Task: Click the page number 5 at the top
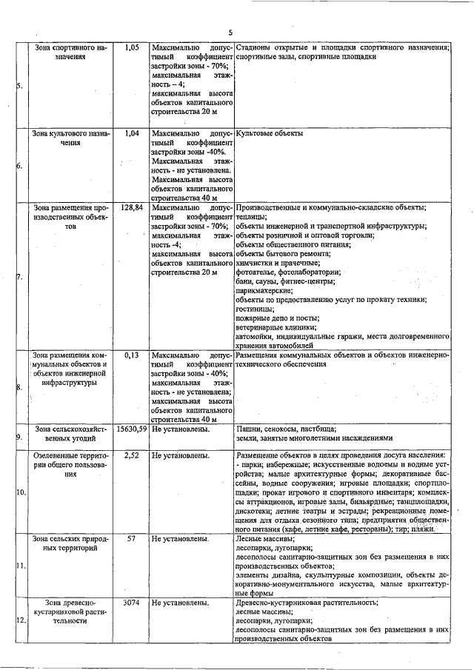(x=230, y=32)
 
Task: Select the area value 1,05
(x=132, y=47)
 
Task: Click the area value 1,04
(x=132, y=134)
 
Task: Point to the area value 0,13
(x=132, y=355)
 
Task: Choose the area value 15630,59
(x=131, y=429)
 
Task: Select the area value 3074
(x=131, y=603)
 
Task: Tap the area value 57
(x=131, y=538)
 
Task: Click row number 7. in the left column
(x=19, y=278)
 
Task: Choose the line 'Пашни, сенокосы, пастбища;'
(x=286, y=429)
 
